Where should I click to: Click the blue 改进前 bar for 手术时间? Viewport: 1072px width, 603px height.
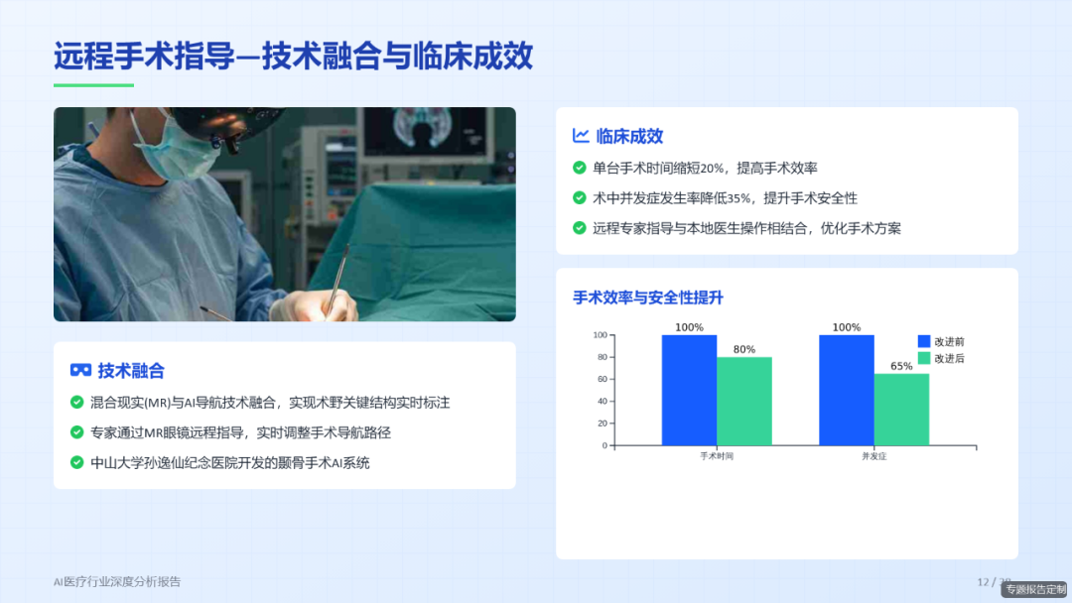point(689,390)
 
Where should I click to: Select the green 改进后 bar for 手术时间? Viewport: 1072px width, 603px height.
point(744,401)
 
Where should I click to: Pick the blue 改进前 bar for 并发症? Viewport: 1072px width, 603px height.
point(847,390)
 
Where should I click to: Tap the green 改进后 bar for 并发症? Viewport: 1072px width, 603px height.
point(901,409)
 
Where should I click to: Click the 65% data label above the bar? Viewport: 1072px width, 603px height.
point(901,366)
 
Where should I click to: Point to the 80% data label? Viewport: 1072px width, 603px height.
point(744,349)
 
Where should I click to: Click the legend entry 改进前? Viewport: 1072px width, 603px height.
point(941,341)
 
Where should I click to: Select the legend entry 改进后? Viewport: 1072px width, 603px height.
point(941,358)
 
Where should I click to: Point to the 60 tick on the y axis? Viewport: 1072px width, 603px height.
point(602,379)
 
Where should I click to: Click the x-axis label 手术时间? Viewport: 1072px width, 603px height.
point(717,456)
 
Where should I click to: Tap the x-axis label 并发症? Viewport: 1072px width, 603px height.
point(873,456)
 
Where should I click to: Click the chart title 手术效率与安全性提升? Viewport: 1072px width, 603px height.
point(648,298)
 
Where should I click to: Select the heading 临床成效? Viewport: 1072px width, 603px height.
point(629,136)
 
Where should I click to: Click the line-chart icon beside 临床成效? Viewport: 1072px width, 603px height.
point(582,136)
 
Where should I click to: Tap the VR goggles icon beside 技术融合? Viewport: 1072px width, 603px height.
point(80,370)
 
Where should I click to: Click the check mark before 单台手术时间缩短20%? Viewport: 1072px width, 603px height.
point(580,169)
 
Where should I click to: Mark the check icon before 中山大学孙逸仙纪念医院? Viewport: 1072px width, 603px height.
point(76,462)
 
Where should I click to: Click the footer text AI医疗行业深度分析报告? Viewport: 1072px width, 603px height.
point(117,581)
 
